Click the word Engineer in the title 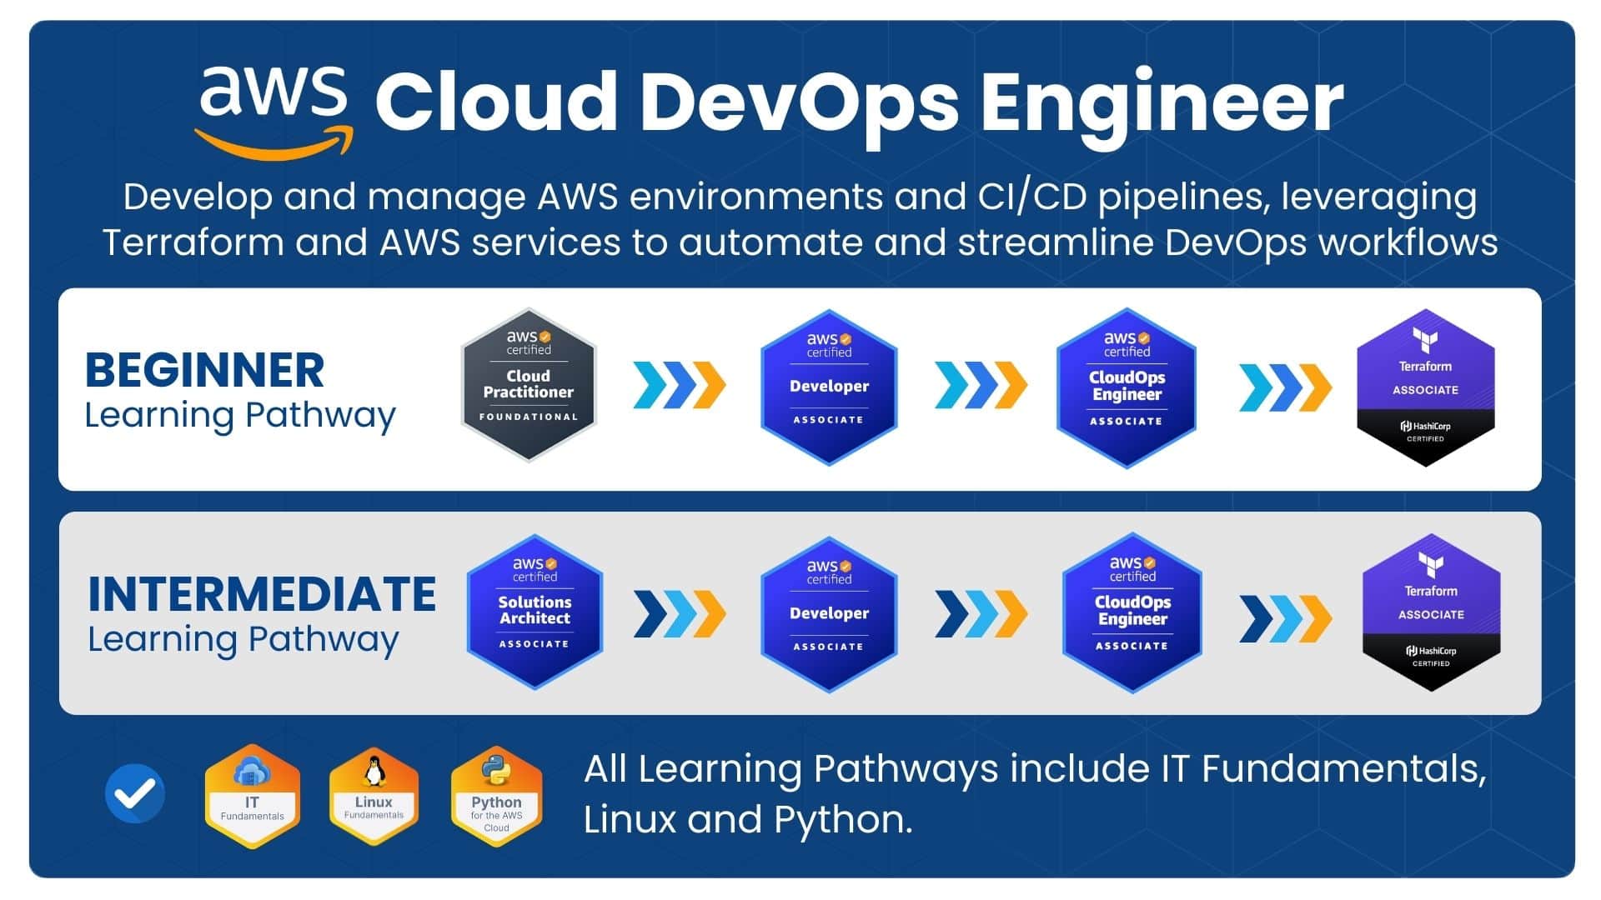point(1162,102)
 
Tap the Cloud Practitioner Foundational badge point(529,385)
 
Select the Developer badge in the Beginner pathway point(829,387)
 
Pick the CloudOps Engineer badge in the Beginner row point(1126,387)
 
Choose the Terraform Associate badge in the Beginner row point(1425,387)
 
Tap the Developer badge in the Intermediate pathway point(829,614)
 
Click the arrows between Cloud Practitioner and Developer point(679,386)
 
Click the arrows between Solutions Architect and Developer point(679,614)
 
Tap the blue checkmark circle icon point(135,793)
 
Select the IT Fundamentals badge point(252,797)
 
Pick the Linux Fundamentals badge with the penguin point(374,797)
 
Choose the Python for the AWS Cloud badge point(496,797)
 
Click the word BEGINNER point(204,371)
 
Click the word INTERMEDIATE point(262,594)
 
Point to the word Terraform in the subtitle point(193,243)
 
